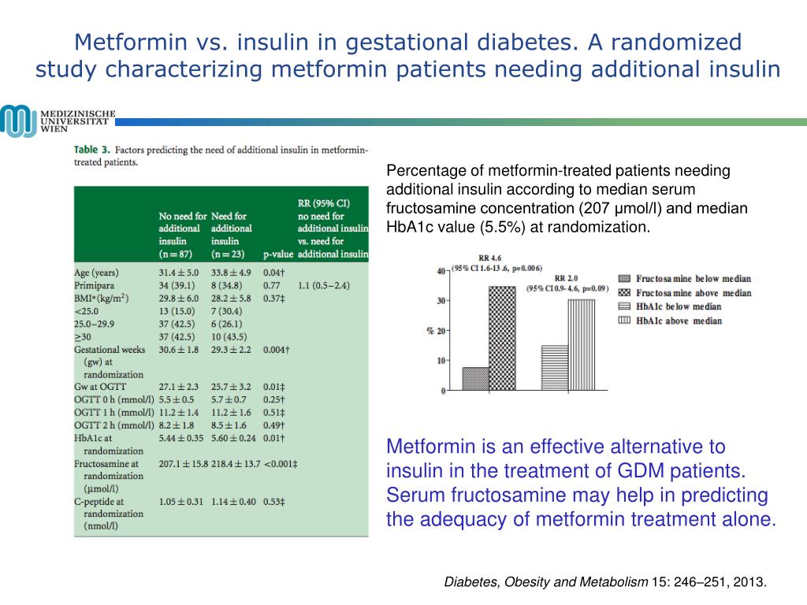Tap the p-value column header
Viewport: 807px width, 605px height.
coord(277,254)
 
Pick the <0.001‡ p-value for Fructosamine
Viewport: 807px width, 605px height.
coord(281,464)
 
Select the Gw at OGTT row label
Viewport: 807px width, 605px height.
coord(99,388)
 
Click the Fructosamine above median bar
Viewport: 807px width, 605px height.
coord(502,338)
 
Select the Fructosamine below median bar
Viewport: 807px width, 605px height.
coord(475,379)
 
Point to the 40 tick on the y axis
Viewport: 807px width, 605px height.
coord(441,272)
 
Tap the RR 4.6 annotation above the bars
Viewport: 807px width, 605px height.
coord(489,258)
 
